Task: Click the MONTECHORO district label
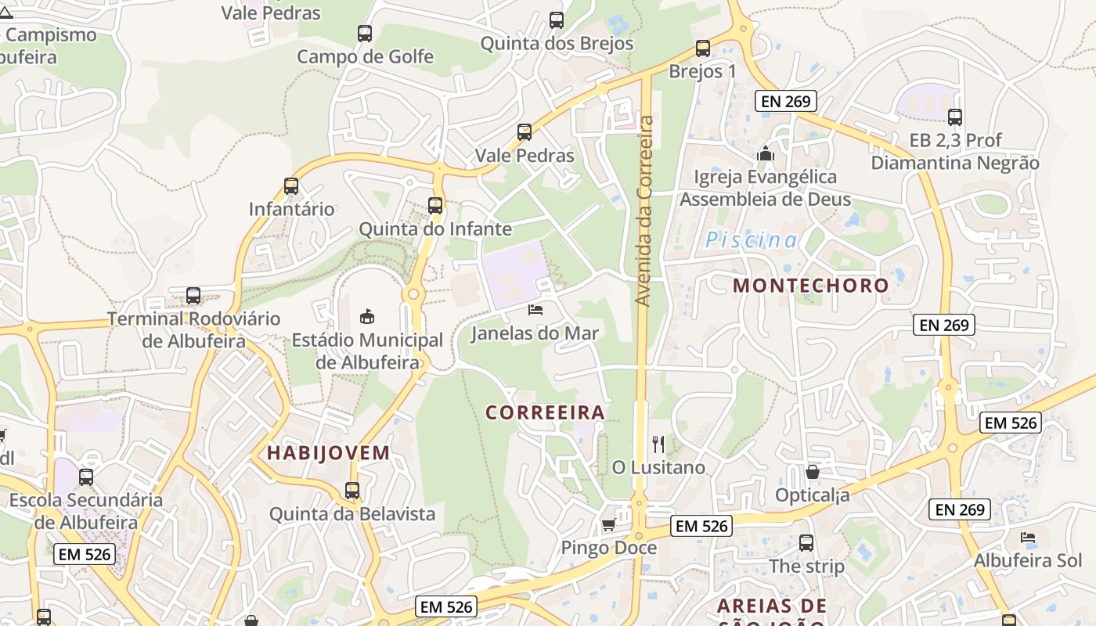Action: coord(810,286)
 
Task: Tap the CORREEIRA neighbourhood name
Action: coord(546,412)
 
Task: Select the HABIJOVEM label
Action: coord(328,452)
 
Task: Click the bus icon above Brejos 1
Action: coord(703,49)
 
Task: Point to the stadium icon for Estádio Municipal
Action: coord(366,316)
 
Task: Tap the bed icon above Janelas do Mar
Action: coord(535,310)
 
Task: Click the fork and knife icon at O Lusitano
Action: coord(658,444)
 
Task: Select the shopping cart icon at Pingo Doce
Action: coord(608,524)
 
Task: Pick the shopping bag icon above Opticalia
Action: coord(813,472)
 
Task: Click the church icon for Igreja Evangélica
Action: coord(766,154)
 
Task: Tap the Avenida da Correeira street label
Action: coord(645,210)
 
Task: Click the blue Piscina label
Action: coord(752,240)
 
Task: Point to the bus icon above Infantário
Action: coord(291,186)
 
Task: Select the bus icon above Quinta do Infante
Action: coord(435,206)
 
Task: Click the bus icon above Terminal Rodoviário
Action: coord(193,296)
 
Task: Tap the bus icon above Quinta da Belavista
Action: coord(352,491)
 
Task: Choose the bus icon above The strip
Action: coord(806,542)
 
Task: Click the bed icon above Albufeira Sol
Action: coord(1028,538)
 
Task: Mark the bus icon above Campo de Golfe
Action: coord(365,34)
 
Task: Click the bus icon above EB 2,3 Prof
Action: coord(955,117)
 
